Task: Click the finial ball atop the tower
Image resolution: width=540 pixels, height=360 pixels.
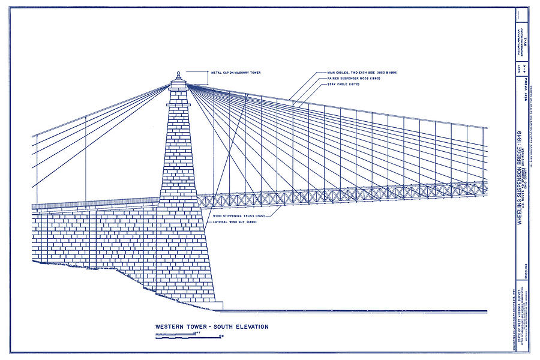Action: click(x=178, y=74)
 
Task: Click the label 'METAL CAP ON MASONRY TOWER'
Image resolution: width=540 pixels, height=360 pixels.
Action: click(x=236, y=73)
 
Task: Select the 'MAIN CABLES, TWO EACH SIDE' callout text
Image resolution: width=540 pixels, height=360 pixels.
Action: click(x=362, y=73)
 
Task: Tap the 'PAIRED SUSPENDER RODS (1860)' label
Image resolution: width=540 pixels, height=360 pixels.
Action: click(x=355, y=79)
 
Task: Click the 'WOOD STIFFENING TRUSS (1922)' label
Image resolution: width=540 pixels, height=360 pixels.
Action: click(x=239, y=215)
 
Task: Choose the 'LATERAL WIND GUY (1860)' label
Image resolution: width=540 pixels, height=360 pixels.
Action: click(x=235, y=222)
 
